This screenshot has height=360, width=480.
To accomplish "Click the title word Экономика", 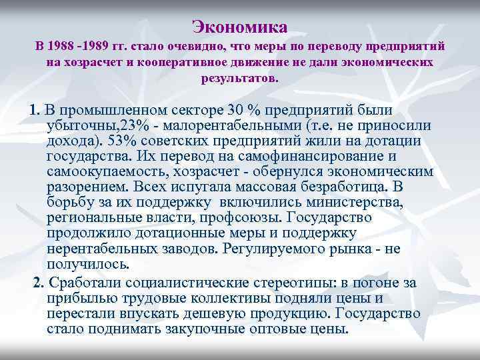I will tap(240, 27).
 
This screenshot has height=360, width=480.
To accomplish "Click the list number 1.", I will tap(35, 110).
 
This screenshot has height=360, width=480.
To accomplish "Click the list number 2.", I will tap(38, 283).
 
